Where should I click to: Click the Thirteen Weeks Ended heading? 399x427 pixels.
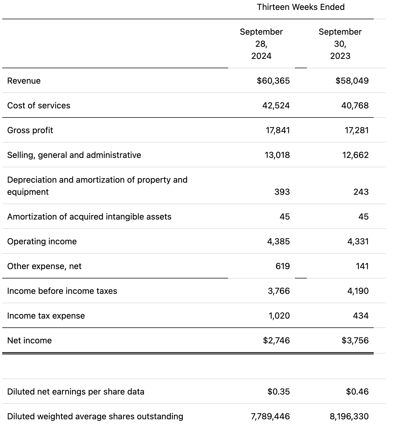pos(300,7)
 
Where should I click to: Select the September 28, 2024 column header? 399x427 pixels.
pos(261,44)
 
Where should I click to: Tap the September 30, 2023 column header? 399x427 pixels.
pos(340,44)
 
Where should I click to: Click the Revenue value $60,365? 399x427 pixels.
pos(273,81)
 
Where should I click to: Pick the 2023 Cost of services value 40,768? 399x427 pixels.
pos(355,105)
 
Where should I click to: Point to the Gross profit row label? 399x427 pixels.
pos(30,130)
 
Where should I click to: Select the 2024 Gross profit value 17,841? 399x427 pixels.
pos(277,130)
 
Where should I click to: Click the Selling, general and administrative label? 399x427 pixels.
pos(74,155)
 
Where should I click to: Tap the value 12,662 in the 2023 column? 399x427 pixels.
pos(355,155)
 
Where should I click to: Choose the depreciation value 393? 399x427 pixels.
pos(282,192)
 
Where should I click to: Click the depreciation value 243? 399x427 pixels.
pos(361,192)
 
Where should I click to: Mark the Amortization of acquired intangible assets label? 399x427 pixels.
pos(89,217)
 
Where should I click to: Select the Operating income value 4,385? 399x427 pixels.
pos(278,241)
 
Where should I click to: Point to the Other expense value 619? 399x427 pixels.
pos(282,266)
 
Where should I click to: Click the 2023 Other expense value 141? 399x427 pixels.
pos(362,266)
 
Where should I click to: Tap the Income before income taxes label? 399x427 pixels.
pos(62,291)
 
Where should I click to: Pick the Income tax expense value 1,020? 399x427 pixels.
pos(279,316)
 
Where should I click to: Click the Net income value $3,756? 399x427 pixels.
pos(355,340)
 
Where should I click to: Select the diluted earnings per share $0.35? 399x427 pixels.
pos(278,392)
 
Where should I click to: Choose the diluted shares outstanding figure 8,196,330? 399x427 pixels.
pos(349,416)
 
